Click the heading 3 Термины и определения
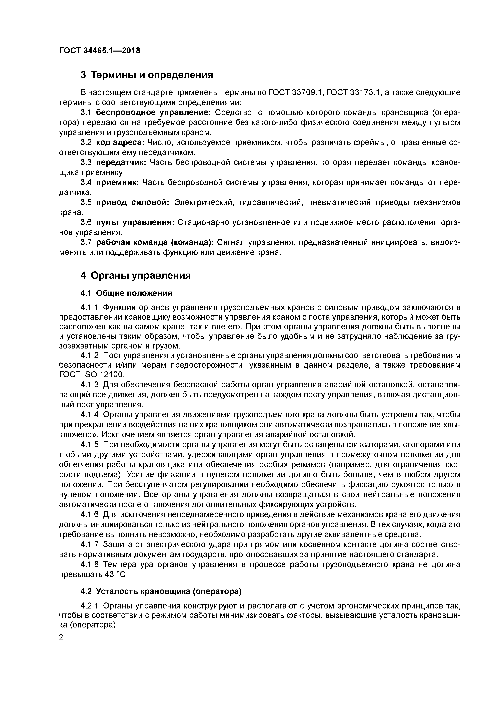click(x=147, y=75)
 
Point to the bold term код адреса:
click(x=120, y=143)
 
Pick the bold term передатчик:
click(x=121, y=162)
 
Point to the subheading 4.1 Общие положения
click(x=126, y=293)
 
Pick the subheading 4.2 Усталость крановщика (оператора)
click(x=161, y=591)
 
